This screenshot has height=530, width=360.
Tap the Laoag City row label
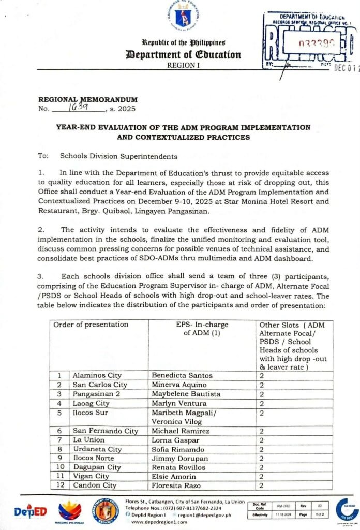tap(91, 403)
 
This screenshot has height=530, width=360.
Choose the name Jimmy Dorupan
tap(178, 458)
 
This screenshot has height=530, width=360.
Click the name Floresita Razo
tap(177, 485)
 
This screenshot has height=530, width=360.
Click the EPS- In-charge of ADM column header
tap(202, 329)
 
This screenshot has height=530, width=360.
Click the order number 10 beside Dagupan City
tap(60, 467)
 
